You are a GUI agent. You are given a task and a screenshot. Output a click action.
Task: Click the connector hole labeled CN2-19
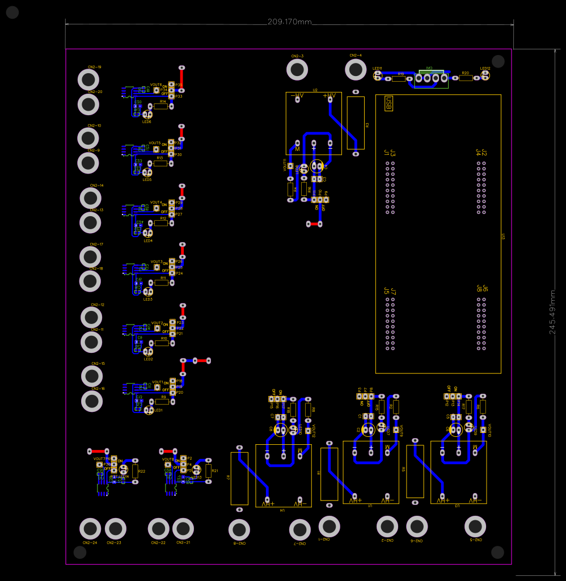click(89, 80)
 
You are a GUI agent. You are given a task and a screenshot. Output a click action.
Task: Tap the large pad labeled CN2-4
click(356, 69)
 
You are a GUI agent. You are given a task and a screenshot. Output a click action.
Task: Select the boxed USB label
click(388, 103)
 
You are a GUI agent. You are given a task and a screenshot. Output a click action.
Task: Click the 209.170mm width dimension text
click(289, 22)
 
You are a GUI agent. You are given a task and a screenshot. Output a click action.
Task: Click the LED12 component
click(485, 75)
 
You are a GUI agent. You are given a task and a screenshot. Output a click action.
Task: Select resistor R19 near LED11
click(399, 79)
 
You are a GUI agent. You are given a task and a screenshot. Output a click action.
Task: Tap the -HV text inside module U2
click(297, 96)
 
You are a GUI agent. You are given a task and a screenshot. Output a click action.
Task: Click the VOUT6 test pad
click(155, 90)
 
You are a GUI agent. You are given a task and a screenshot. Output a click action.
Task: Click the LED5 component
click(146, 172)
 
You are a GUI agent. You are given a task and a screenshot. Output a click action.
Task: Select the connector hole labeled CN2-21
click(183, 529)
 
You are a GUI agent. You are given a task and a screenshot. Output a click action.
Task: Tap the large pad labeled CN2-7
click(299, 530)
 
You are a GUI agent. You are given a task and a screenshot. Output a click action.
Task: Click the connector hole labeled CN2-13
click(90, 222)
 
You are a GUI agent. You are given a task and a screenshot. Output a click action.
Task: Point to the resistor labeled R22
click(135, 471)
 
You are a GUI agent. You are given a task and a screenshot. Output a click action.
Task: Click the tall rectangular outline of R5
click(415, 471)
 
